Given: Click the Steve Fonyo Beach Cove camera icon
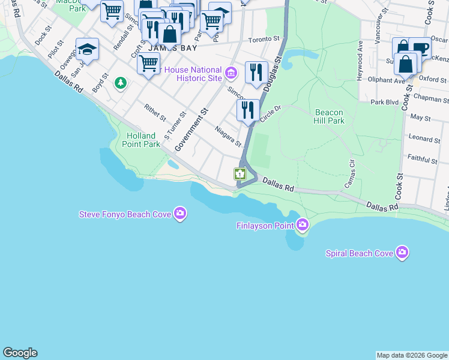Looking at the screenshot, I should [179, 214].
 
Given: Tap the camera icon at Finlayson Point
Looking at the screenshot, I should [303, 225].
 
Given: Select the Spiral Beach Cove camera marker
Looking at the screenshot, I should [402, 253].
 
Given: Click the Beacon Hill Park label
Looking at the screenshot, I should [329, 116].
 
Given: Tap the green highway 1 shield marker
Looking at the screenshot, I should [240, 174].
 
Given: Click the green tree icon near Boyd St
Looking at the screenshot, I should [121, 82].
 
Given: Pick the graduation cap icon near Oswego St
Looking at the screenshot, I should [87, 49].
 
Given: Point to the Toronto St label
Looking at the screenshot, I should [264, 39].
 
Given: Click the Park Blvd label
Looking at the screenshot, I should [385, 103].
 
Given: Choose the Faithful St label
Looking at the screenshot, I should [422, 160].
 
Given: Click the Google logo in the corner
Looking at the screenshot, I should [20, 353].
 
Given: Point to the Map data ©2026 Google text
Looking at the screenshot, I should [412, 355].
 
